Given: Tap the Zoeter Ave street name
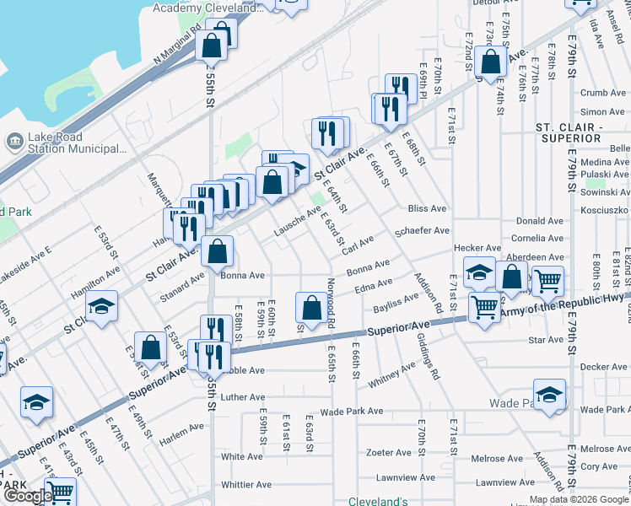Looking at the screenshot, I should click(x=387, y=452).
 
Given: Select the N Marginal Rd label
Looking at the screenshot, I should click(x=177, y=49).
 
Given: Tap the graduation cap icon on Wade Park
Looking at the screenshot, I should click(x=548, y=395).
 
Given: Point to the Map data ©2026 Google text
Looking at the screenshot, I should click(x=579, y=500).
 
